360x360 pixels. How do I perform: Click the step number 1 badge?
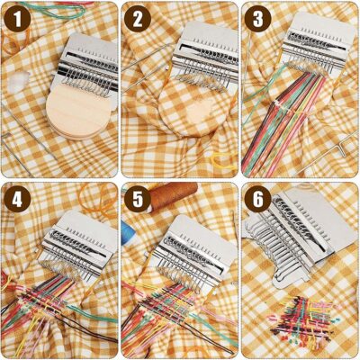(x=17, y=18)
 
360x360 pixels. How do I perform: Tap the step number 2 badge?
(x=138, y=18)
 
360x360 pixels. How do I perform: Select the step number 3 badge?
(x=257, y=18)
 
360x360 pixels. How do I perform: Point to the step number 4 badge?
(x=17, y=198)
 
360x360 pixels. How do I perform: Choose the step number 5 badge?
(x=138, y=198)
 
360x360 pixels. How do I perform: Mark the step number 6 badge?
(x=257, y=198)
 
